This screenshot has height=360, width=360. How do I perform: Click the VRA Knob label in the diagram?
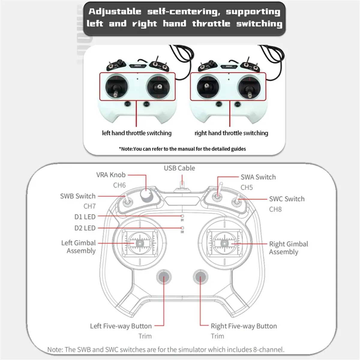pos(111,175)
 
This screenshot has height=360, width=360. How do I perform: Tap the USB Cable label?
pos(179,168)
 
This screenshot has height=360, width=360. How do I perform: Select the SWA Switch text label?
pos(258,177)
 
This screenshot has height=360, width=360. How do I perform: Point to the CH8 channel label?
pos(275,209)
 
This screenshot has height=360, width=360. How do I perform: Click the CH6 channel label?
pos(119,185)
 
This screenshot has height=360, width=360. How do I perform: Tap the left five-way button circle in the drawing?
pos(164,277)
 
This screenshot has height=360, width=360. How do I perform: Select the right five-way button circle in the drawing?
pos(200,277)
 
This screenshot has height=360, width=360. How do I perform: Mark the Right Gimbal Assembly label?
pos(288,248)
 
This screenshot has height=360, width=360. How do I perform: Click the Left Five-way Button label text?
pos(121,326)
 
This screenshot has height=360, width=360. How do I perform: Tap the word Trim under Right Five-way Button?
pos(217,336)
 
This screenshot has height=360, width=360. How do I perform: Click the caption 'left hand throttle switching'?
pos(136,133)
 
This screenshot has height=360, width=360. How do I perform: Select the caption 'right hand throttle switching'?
pos(231,133)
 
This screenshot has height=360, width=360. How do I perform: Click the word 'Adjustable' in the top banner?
pos(115,11)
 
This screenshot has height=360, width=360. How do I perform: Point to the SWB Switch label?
pos(78,196)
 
